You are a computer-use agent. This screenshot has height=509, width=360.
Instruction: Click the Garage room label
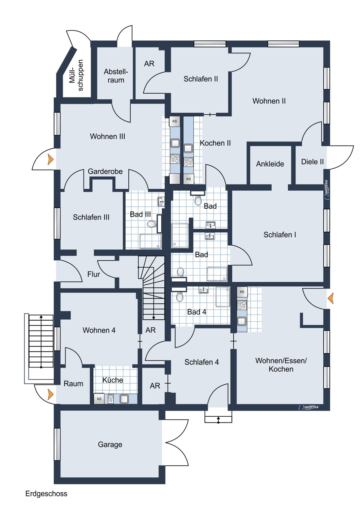tap(110, 445)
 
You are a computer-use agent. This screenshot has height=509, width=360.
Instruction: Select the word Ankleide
tap(270, 164)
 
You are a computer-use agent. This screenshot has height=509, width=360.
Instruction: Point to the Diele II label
tap(312, 162)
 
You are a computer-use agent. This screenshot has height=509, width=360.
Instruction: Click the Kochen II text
tap(215, 143)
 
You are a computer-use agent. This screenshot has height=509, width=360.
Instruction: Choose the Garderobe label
tap(105, 172)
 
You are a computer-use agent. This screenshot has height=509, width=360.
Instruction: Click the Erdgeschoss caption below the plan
tap(46, 494)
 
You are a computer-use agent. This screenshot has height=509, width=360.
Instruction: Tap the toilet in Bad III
tap(151, 224)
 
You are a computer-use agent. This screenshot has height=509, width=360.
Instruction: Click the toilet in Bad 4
tap(180, 297)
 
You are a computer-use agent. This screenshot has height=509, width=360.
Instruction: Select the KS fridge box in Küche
tap(99, 399)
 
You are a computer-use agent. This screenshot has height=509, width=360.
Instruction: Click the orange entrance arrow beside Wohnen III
tap(51, 159)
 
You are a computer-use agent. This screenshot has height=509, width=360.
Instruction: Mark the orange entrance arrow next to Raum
tap(51, 394)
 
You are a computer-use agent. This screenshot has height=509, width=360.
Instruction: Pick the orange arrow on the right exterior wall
tap(330, 299)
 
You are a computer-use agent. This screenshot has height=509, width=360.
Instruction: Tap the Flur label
tap(94, 275)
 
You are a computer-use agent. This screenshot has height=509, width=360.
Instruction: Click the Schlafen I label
tap(280, 235)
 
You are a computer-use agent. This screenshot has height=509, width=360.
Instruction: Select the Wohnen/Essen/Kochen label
tap(281, 365)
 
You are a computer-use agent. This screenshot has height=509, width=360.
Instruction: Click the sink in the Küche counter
tap(124, 399)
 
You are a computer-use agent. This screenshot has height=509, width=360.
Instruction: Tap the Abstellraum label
tap(116, 76)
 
